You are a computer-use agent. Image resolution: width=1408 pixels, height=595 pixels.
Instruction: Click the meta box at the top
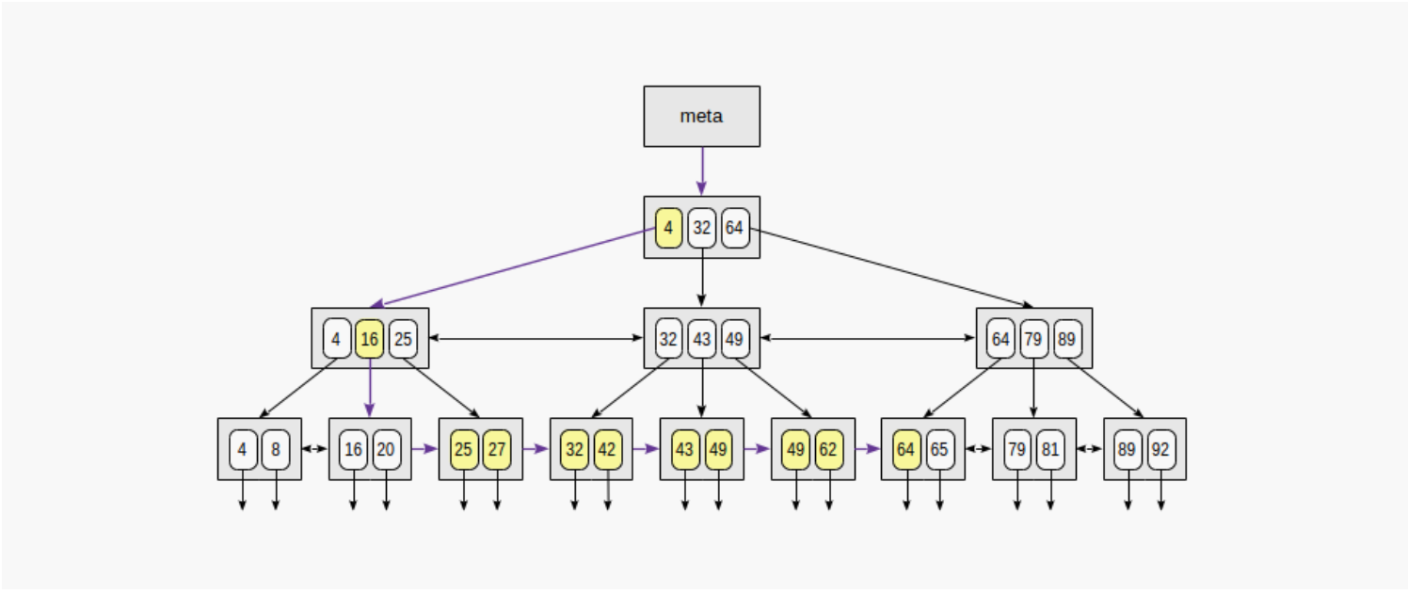(x=701, y=116)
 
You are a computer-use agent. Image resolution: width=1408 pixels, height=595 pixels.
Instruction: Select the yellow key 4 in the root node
(x=668, y=228)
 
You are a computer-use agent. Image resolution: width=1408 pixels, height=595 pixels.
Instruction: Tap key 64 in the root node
(x=735, y=228)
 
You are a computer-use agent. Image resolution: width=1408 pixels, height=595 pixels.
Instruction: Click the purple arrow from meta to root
(x=701, y=170)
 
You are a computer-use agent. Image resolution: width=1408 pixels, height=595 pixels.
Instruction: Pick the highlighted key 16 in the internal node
(x=369, y=339)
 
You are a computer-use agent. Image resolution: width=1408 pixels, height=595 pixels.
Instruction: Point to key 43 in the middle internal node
(x=701, y=339)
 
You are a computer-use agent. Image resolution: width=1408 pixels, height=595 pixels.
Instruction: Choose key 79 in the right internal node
(x=1033, y=339)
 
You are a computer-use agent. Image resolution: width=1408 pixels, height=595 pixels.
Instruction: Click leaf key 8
(x=276, y=449)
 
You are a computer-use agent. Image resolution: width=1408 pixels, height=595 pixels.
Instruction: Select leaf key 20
(x=386, y=449)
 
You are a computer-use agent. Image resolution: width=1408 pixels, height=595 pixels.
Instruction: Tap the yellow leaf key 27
(x=497, y=449)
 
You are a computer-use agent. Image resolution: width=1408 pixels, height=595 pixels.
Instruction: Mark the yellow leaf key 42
(x=607, y=449)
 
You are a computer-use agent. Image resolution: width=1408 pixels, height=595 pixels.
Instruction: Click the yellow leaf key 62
(x=829, y=449)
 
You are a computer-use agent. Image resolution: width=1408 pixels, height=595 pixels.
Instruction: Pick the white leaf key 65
(x=939, y=449)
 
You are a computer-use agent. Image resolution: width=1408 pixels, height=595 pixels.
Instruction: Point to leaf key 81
(x=1050, y=449)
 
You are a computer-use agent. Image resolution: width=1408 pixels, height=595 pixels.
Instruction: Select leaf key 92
(x=1160, y=449)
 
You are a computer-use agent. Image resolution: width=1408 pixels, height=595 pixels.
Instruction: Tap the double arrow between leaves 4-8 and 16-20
(x=314, y=449)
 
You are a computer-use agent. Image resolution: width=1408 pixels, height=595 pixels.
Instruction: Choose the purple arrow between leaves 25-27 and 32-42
(x=536, y=449)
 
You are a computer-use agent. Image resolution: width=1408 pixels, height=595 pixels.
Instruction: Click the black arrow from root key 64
(x=889, y=268)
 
